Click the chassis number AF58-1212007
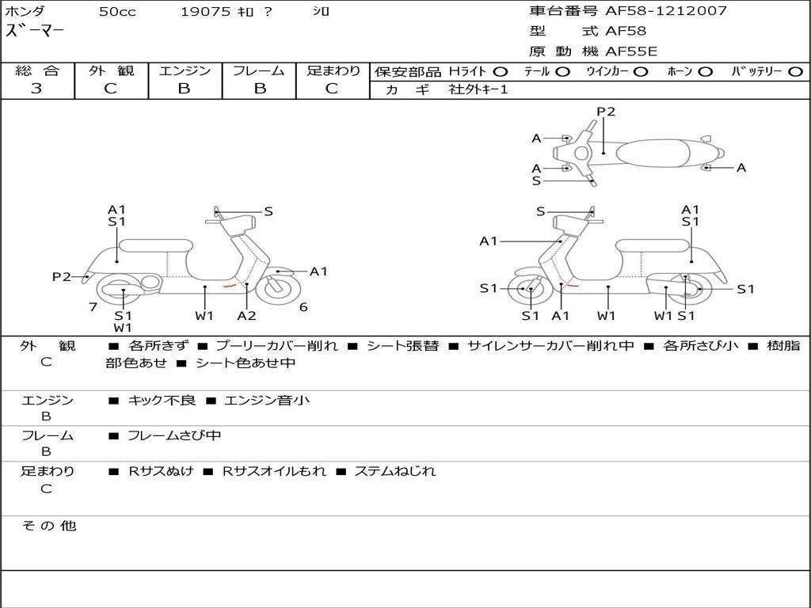665,10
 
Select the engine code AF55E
631,51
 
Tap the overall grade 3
36,89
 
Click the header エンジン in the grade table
185,70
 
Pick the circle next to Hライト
501,72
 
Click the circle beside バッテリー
795,72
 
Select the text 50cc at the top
117,11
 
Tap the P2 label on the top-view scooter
606,112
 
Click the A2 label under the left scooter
247,315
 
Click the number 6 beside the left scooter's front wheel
303,307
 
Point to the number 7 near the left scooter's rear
93,307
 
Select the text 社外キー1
478,89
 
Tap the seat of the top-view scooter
653,153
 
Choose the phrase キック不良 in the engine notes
162,400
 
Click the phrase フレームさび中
174,436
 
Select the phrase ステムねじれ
395,471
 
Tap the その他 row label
48,526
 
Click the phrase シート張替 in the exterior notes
403,345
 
